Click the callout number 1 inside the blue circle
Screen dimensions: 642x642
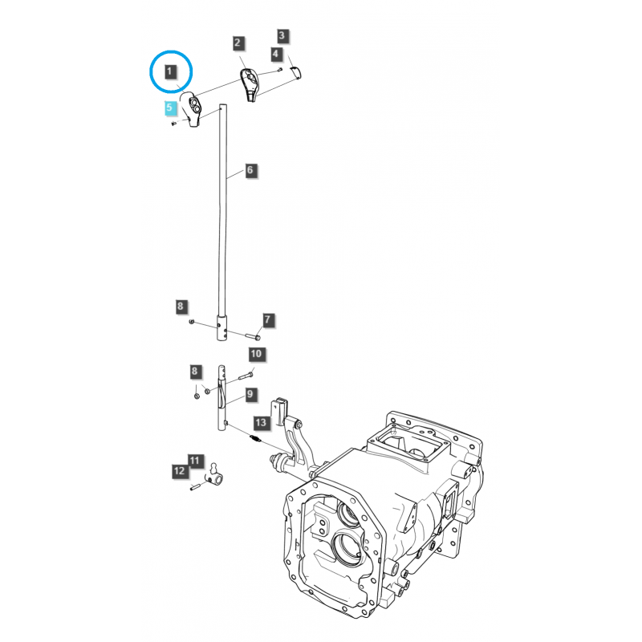tap(169, 72)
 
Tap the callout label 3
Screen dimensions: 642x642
tap(282, 35)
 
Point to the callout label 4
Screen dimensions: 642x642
tap(276, 54)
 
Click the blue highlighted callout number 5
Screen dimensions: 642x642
tap(169, 106)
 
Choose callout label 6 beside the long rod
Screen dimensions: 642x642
tap(249, 170)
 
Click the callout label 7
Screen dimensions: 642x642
tap(268, 320)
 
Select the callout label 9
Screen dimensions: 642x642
tap(250, 394)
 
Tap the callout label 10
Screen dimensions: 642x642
tap(255, 353)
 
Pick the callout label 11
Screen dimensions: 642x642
tap(193, 460)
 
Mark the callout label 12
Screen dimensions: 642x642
tap(178, 472)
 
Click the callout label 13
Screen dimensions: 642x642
tap(260, 422)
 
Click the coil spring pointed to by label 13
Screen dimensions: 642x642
tap(254, 438)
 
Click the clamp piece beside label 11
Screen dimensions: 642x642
tap(215, 475)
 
